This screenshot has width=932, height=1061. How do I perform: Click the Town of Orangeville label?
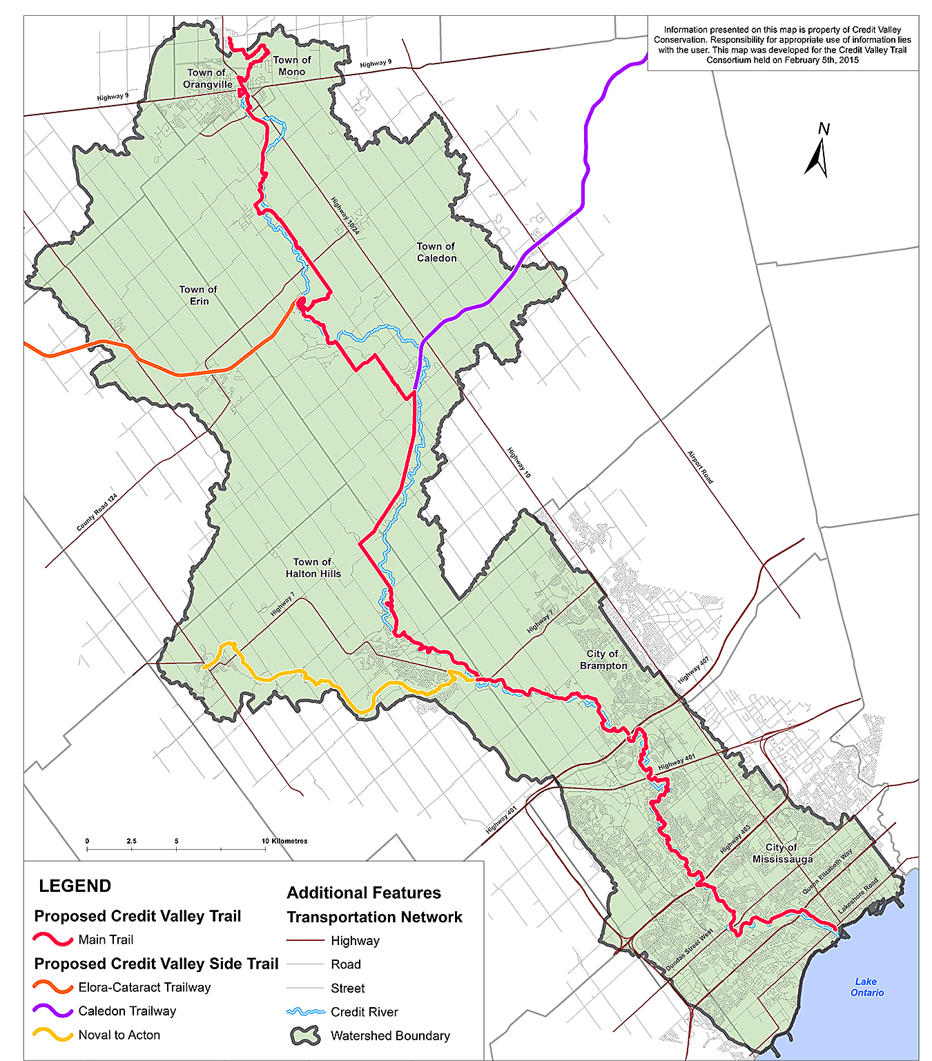(x=206, y=79)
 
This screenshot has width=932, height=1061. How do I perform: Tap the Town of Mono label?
(x=291, y=66)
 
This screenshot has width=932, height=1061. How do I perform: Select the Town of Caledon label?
(x=436, y=252)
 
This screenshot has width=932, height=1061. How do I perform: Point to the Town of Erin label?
(x=198, y=295)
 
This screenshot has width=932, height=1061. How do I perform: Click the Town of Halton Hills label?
(x=313, y=567)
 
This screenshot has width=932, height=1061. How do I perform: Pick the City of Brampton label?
(x=603, y=659)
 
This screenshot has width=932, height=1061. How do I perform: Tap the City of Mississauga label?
(x=782, y=853)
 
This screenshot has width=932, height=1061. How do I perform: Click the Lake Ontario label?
(x=866, y=986)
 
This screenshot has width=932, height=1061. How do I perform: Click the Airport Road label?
(x=699, y=467)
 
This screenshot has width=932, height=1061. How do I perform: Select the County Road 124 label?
(x=97, y=512)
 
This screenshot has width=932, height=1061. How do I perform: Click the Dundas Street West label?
(x=689, y=951)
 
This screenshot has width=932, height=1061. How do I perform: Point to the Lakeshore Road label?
(x=858, y=897)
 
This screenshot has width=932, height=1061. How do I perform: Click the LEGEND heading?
(x=75, y=886)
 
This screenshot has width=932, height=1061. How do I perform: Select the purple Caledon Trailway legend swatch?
(x=52, y=1011)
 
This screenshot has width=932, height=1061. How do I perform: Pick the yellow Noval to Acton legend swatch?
(x=52, y=1035)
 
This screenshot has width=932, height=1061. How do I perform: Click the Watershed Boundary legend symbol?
(x=305, y=1035)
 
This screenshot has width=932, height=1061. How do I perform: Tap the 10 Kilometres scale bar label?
(x=284, y=841)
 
